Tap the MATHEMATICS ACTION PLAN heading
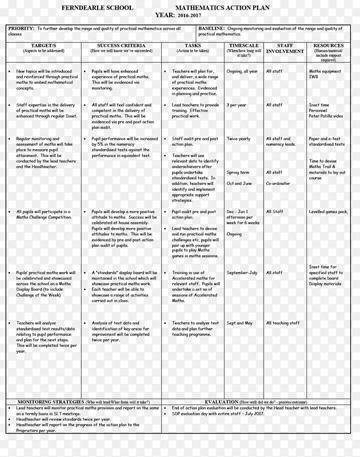point(220,7)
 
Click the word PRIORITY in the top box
point(21,29)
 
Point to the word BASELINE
point(211,29)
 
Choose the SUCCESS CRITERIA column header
point(121,45)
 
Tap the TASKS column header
point(193,45)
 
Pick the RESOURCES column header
point(329,45)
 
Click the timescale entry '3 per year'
point(237,105)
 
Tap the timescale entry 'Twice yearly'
point(238,139)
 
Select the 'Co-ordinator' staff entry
point(278,183)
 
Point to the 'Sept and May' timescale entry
point(239,323)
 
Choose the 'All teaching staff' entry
point(283,323)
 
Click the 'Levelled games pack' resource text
point(328,212)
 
